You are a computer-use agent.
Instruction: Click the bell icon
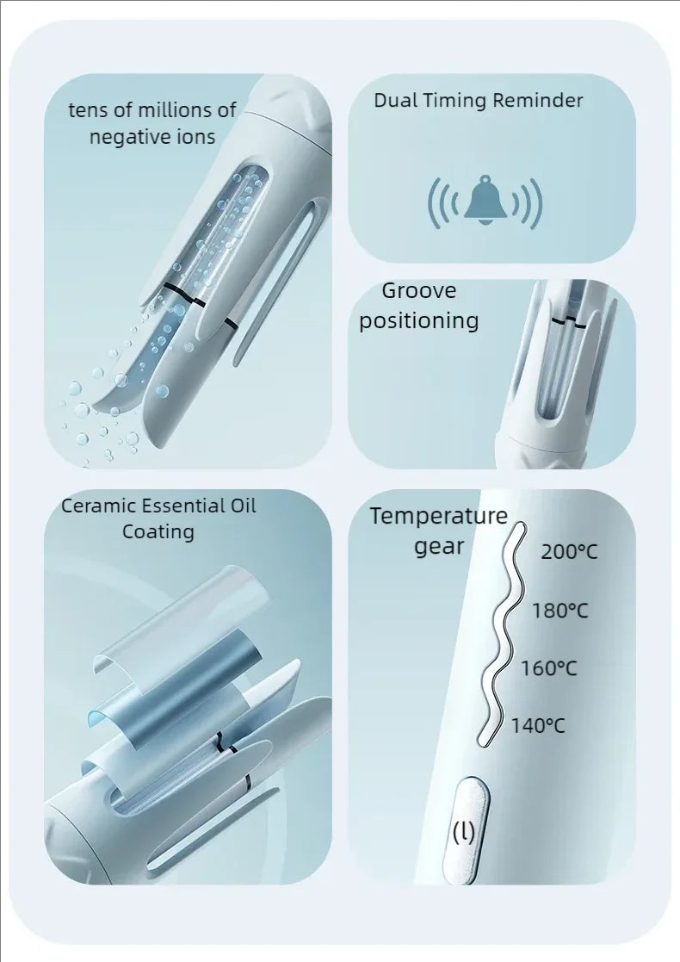tap(485, 202)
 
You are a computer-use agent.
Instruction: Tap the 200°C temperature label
tap(569, 551)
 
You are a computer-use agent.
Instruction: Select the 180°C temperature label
tap(559, 611)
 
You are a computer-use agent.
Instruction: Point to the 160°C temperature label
tap(548, 667)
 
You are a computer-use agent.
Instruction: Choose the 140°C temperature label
tap(538, 725)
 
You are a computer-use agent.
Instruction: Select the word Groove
tap(418, 291)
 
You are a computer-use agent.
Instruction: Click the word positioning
tap(418, 321)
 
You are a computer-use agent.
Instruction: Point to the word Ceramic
tap(94, 506)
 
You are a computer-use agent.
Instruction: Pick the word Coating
tap(158, 531)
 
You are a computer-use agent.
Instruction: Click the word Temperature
tap(439, 517)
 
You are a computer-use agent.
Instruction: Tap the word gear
tap(439, 546)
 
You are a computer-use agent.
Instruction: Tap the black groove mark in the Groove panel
tap(569, 321)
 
